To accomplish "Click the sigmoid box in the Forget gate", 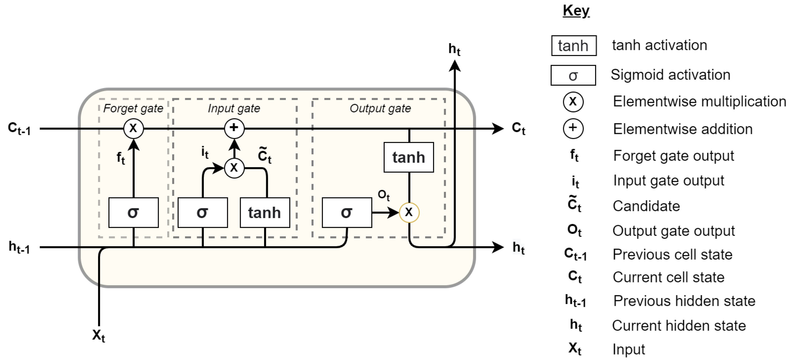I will pos(133,212).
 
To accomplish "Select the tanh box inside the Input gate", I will pos(265,212).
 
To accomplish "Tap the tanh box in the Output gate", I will pos(408,157).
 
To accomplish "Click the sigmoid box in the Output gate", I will pos(347,212).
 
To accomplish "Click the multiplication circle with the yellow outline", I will pos(409,212).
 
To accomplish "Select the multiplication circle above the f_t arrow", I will pos(133,128).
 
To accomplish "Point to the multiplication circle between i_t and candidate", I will pos(234,168).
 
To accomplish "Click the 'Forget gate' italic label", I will pos(133,108).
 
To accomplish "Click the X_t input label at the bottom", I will pos(99,335).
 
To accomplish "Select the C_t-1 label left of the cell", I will pos(19,128).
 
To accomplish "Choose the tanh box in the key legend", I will pos(574,46).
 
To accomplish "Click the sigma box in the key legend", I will pos(573,75).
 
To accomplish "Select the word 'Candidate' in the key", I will pos(646,206).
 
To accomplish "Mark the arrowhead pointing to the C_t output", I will pos(497,128).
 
